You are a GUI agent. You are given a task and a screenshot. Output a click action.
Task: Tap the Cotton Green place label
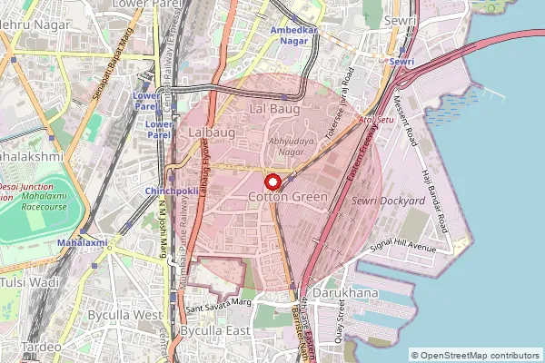click(x=287, y=197)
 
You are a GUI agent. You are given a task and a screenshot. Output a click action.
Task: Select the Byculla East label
click(x=215, y=330)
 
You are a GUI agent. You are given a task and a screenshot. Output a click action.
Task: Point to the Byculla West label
click(x=124, y=314)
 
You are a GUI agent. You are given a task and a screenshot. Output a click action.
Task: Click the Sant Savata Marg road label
click(x=217, y=302)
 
